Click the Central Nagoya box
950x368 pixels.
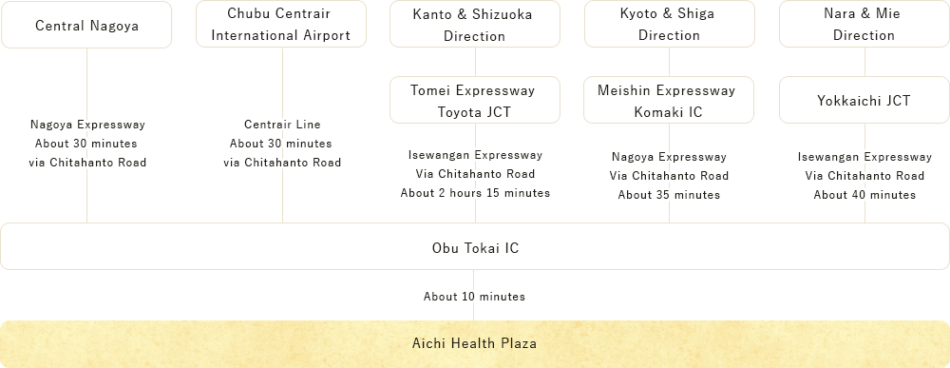click(x=86, y=26)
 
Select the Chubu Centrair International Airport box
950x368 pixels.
click(x=281, y=25)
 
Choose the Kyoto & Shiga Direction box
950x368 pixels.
click(x=668, y=26)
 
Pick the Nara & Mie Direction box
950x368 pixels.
click(x=864, y=26)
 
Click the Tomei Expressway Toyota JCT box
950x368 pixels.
click(x=473, y=100)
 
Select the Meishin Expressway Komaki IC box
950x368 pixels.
click(x=668, y=100)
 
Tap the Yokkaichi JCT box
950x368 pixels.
click(x=864, y=100)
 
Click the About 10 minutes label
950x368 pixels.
click(x=473, y=297)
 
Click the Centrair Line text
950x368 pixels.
click(x=282, y=125)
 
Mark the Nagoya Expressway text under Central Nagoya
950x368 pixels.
click(x=86, y=125)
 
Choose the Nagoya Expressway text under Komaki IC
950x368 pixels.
click(x=669, y=157)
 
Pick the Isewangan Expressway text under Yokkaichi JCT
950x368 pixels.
click(x=864, y=157)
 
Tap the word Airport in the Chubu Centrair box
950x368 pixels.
click(x=330, y=36)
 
